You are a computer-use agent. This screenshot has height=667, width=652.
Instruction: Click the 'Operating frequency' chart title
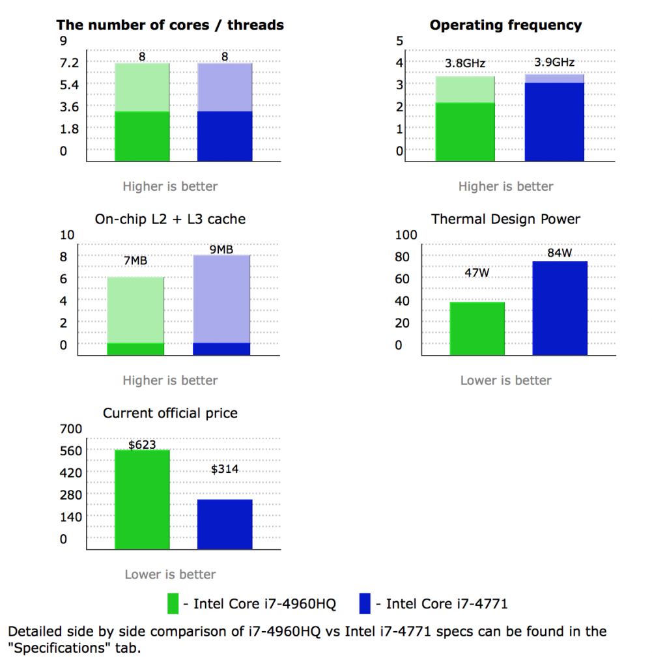click(x=505, y=25)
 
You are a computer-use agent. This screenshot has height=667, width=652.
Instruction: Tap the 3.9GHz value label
click(x=554, y=63)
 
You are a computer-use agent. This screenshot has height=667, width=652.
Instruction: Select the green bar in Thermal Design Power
click(x=477, y=328)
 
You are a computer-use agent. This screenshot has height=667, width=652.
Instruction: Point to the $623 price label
click(x=142, y=445)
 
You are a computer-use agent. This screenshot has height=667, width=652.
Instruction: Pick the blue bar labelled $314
click(x=225, y=524)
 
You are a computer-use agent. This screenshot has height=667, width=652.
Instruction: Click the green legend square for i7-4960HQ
click(x=173, y=603)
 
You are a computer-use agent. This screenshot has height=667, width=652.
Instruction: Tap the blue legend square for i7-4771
click(x=365, y=603)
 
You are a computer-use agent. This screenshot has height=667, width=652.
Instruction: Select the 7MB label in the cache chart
click(x=135, y=261)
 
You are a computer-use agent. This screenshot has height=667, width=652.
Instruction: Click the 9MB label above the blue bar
click(x=221, y=249)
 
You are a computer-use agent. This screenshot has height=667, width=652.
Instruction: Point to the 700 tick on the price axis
click(x=71, y=429)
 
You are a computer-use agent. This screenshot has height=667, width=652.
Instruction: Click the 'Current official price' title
click(x=170, y=413)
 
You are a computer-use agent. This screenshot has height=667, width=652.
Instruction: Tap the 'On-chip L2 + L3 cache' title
click(x=170, y=219)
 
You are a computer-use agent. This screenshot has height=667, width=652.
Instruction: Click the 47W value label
click(x=477, y=272)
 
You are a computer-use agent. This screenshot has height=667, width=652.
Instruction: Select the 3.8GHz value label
click(x=465, y=64)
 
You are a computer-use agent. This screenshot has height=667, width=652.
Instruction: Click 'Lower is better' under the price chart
click(x=170, y=575)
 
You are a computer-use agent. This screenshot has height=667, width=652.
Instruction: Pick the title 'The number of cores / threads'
click(x=170, y=25)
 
